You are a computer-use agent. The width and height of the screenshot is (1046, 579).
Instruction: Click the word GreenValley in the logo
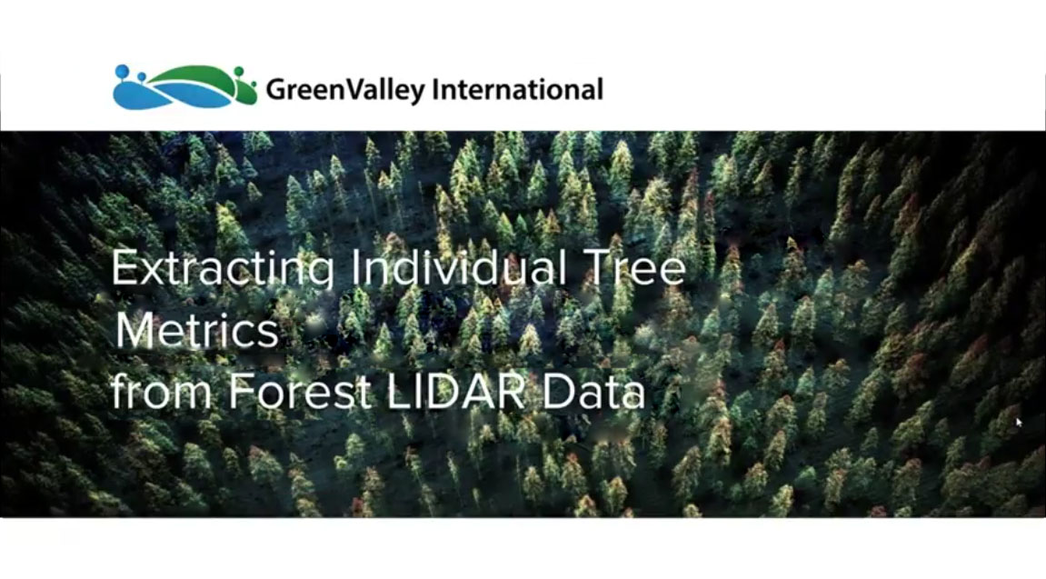pyautogui.click(x=345, y=90)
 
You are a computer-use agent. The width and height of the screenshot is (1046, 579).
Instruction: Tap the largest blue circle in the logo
pyautogui.click(x=122, y=72)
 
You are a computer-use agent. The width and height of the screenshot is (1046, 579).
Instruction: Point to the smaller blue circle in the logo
pyautogui.click(x=141, y=76)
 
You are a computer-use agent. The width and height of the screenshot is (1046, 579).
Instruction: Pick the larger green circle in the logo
pyautogui.click(x=239, y=72)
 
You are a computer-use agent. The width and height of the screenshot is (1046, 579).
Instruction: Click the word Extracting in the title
pyautogui.click(x=223, y=269)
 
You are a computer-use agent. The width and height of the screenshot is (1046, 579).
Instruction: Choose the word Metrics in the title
pyautogui.click(x=197, y=330)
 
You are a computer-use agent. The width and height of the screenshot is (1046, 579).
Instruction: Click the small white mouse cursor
pyautogui.click(x=1019, y=422)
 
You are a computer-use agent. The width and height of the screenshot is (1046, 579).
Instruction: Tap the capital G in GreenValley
pyautogui.click(x=275, y=89)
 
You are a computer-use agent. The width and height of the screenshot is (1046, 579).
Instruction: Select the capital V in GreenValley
pyautogui.click(x=354, y=89)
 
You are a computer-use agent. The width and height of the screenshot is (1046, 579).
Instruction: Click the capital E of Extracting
pyautogui.click(x=125, y=267)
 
